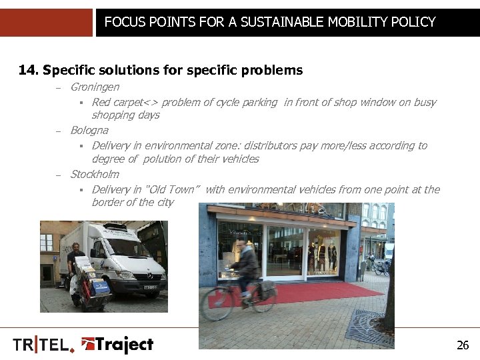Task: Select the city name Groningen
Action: (95, 87)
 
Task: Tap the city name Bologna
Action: (89, 130)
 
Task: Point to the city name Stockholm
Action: (94, 174)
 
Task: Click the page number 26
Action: (463, 345)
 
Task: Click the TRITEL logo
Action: (41, 345)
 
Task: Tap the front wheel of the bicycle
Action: (217, 305)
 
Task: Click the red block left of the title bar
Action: (46, 23)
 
